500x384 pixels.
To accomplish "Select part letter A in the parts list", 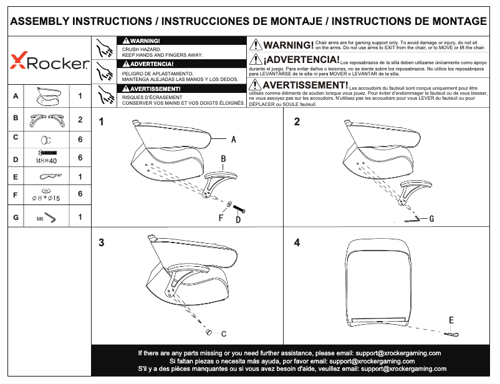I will (15, 97).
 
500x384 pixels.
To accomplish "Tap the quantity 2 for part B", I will (80, 119).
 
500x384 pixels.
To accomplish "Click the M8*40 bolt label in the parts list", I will (47, 160).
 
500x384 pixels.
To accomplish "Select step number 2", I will (297, 122).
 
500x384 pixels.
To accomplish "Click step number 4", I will (297, 243).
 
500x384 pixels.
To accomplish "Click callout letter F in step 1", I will (221, 218).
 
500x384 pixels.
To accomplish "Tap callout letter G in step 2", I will (431, 219).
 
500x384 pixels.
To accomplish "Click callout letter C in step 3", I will (223, 334).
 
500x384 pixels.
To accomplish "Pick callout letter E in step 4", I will (451, 320).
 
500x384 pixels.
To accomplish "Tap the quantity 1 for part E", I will (80, 177).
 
